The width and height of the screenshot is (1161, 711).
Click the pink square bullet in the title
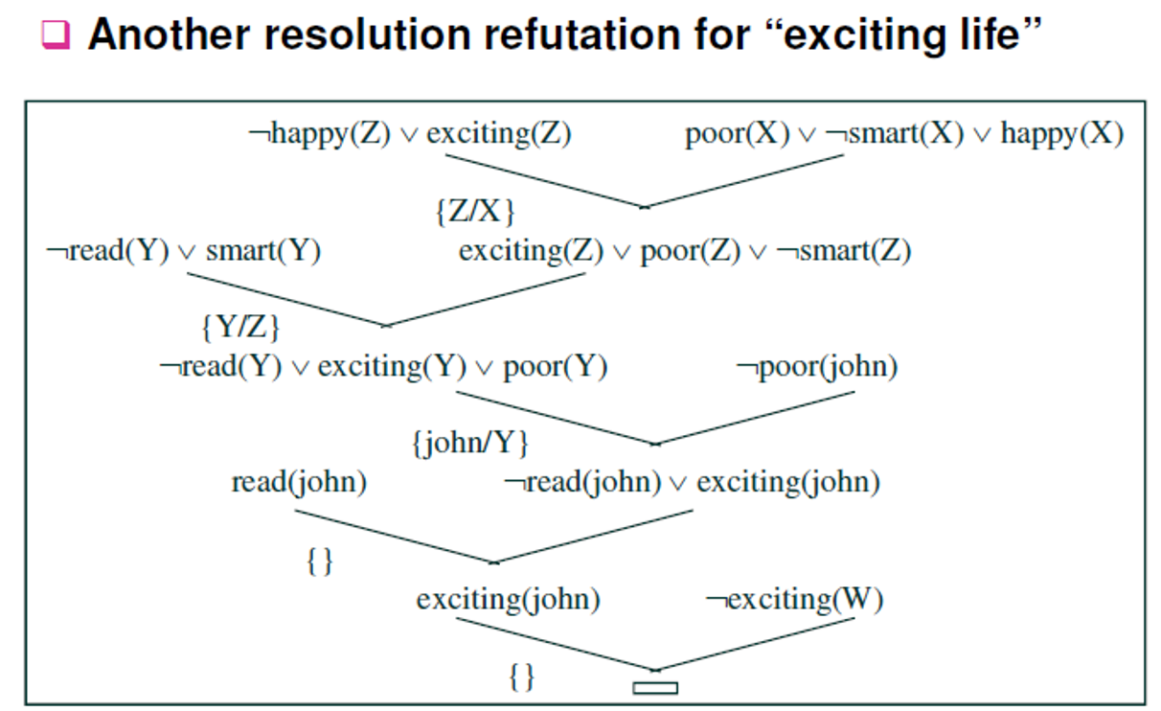coord(57,36)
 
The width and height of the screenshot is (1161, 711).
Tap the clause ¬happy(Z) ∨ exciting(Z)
coord(409,133)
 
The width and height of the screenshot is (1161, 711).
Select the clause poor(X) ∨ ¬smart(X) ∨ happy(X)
coord(903,133)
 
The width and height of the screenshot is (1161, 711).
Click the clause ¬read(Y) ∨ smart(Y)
coord(183,251)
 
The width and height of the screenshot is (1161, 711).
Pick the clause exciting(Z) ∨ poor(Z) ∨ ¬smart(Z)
coord(684,251)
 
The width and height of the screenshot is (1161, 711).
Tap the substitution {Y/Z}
coord(239,328)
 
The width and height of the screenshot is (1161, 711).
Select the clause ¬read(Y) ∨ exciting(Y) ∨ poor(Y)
coord(383,367)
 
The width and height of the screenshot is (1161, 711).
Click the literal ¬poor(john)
coord(816,367)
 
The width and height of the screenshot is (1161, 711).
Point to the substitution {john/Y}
coord(469,444)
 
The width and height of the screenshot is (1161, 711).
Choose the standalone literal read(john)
coord(299,481)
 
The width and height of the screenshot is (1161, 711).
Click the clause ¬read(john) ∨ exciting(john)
coord(692,481)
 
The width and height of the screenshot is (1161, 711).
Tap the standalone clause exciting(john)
coord(508,600)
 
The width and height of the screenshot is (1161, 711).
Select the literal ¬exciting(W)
coord(794,600)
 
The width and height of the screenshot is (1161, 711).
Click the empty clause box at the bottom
coord(655,687)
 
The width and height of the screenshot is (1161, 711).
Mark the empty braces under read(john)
coord(319,561)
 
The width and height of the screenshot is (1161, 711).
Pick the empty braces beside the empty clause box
coord(521,677)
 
